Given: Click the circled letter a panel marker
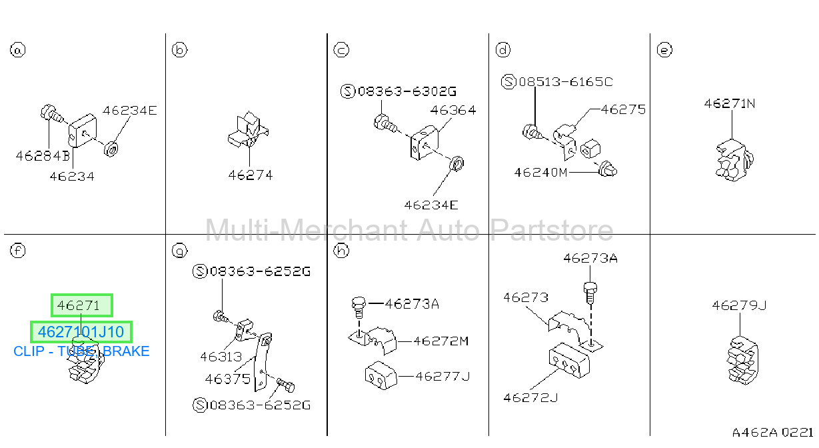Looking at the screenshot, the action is coord(17,50).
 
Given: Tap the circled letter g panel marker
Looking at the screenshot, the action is coord(179,251).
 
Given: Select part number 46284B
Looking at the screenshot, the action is coord(43,156).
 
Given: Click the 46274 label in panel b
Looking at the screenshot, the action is coord(251,175).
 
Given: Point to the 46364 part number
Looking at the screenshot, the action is coord(453,110).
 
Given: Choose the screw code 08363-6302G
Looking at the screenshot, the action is coord(399,91).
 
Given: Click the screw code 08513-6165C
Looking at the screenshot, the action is coord(557,81).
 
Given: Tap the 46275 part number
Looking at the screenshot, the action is coord(623,109).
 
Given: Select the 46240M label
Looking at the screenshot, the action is coord(540,172).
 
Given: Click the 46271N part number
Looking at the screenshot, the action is coord(730,103).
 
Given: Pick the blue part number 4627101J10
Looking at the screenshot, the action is coord(81,332).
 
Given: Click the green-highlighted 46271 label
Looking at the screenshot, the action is coord(78,305).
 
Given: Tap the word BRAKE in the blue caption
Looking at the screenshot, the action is coord(126,351).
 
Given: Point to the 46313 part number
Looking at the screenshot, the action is coord(221,357).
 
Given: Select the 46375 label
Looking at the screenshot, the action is coord(228,379).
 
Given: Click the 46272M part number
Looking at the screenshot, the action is coord(441,341).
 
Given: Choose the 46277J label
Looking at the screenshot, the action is coord(442,376).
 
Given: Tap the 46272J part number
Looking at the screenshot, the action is coord(530,397).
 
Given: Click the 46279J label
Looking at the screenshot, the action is coord(739,305).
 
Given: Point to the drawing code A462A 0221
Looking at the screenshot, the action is coord(772,433).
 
